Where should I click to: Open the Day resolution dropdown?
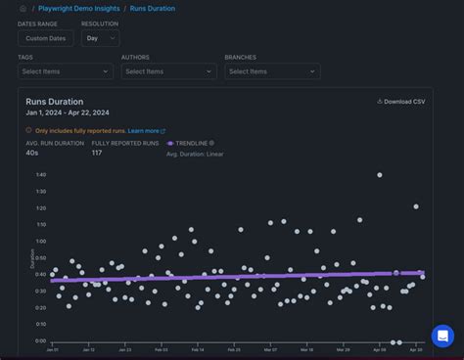click(x=100, y=38)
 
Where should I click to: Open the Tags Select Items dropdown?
click(x=66, y=71)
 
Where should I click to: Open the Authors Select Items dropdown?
click(x=168, y=71)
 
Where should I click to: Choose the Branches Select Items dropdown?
click(x=272, y=71)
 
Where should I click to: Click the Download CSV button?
click(x=401, y=101)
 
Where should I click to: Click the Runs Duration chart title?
click(x=55, y=102)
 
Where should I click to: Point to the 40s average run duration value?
click(x=32, y=154)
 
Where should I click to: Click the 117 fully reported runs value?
click(x=97, y=154)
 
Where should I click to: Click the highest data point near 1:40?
click(x=380, y=175)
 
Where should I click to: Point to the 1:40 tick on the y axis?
click(x=40, y=175)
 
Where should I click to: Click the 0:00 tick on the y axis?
click(x=40, y=341)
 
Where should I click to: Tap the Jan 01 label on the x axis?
click(x=53, y=349)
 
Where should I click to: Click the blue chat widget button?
click(x=442, y=336)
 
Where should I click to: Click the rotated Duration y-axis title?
click(x=30, y=258)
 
